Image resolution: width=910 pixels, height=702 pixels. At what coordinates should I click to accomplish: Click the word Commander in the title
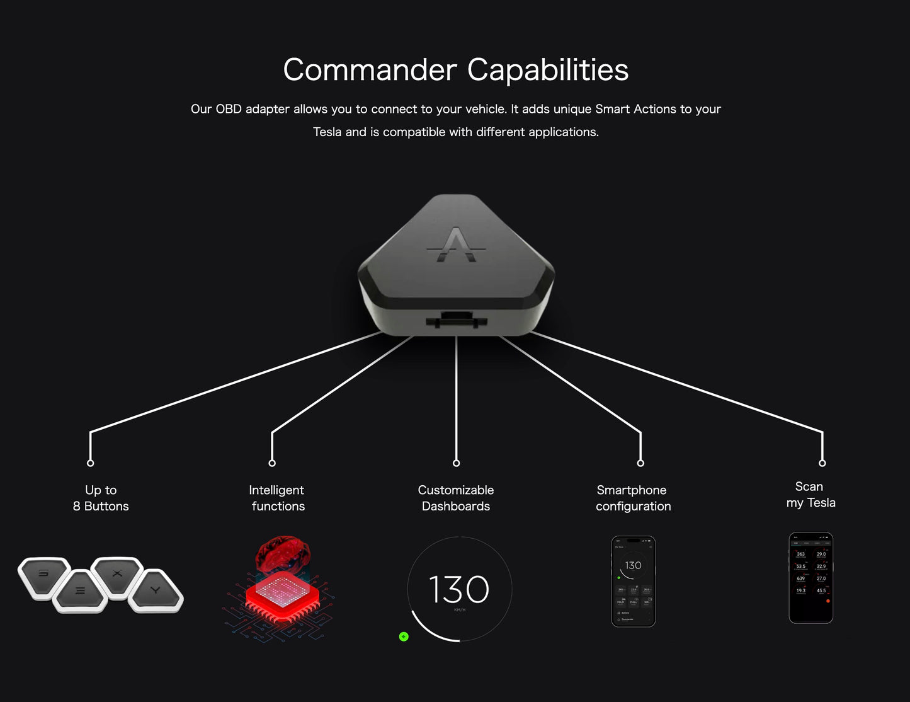coord(370,70)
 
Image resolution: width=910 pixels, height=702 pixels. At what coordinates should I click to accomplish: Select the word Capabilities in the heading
coord(547,70)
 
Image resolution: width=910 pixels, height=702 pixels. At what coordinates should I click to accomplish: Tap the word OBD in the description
coord(229,109)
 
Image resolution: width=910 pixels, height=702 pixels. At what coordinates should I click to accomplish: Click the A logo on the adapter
coord(457,245)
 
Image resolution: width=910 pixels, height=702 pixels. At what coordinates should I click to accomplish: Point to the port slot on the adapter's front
coord(457,319)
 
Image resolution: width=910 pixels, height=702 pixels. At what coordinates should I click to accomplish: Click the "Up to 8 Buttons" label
coord(101,498)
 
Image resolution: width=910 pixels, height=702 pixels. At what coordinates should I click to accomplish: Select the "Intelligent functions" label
coord(277,498)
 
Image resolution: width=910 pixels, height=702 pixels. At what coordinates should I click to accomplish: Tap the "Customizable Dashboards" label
coord(456,498)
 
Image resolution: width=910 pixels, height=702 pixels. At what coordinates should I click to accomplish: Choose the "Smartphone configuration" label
coord(633,498)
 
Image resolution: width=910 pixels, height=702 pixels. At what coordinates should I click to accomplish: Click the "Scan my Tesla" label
coord(810,495)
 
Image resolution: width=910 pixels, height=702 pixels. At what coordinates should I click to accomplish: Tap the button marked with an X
coord(117,574)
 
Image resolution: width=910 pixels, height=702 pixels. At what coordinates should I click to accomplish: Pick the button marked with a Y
coord(156,590)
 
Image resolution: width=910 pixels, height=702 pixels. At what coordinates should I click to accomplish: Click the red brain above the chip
coord(283,553)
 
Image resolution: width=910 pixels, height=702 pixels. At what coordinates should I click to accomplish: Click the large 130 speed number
coord(459,590)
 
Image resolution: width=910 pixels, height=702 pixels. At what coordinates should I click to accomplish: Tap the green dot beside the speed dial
coord(404,636)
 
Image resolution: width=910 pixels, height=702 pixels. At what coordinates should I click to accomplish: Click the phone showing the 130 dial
coord(634,581)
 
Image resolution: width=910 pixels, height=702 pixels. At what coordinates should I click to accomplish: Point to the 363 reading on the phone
coord(800,554)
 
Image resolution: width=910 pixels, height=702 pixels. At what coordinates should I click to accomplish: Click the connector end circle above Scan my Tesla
coord(822,463)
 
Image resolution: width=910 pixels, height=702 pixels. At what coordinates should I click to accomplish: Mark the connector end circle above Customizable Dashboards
coord(457,463)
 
